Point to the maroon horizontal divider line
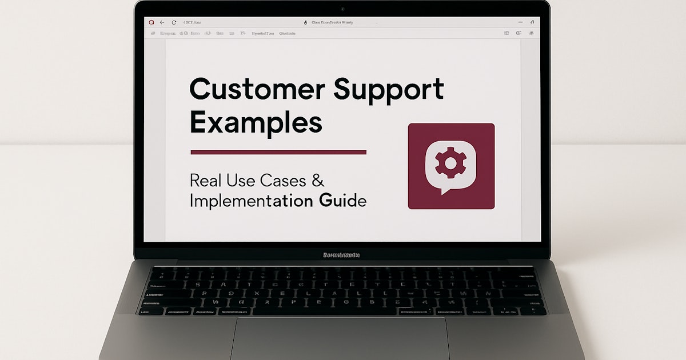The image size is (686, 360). point(278,153)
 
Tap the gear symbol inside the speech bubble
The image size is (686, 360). point(450,164)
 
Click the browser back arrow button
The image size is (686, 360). point(162,22)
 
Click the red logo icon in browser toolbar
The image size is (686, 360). point(151,22)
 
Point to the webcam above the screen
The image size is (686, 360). point(342,9)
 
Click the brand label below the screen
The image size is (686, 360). point(341,255)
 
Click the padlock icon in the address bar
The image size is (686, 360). point(306,22)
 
